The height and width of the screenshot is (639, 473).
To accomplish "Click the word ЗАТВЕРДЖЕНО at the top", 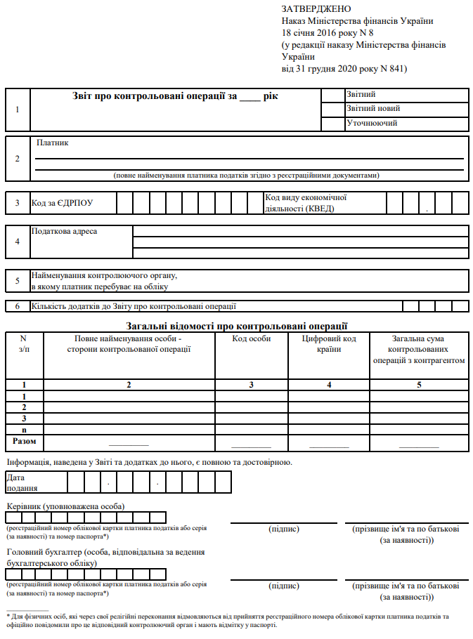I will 316,9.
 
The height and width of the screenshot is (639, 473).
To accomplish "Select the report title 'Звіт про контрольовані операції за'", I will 155,96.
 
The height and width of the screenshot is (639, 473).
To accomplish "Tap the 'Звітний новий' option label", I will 373,109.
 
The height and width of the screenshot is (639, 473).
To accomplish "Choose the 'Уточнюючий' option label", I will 372,123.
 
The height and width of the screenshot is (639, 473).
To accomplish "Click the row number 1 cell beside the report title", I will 18,109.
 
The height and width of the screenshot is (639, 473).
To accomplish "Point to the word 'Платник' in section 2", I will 53,143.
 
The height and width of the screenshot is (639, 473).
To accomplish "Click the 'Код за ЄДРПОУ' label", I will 63,204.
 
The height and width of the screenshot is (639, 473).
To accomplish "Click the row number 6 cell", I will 18,306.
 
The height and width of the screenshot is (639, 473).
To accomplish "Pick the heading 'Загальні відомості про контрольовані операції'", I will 236,326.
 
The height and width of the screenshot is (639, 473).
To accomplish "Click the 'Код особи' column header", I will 252,338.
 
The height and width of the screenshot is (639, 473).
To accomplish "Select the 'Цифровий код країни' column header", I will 329,343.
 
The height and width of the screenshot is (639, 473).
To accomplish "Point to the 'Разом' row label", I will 24,441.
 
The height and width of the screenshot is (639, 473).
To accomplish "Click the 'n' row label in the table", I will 24,429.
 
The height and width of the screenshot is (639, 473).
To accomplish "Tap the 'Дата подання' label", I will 21,482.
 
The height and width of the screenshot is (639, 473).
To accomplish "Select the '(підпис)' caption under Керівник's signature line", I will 284,529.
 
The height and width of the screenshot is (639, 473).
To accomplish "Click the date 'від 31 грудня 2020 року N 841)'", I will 344,69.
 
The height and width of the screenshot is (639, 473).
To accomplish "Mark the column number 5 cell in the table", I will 419,385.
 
